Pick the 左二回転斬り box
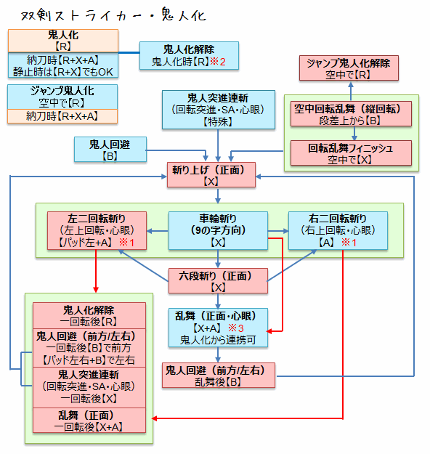point(97,230)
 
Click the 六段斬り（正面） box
point(219,281)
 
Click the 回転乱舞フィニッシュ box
point(351,153)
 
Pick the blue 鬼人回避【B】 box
point(110,149)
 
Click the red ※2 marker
point(217,62)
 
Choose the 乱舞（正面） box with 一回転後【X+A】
point(90,421)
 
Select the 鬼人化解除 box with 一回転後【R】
point(90,315)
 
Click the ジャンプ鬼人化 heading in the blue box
point(62,91)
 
